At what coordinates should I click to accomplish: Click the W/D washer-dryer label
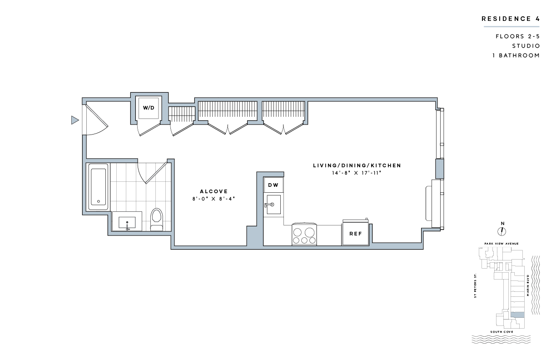[149, 108]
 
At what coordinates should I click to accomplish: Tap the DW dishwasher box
[273, 185]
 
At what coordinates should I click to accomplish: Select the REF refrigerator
[355, 233]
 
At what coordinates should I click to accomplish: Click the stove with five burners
[304, 234]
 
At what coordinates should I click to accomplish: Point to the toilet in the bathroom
[157, 220]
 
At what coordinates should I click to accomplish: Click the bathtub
[98, 186]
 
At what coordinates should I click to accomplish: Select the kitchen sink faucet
[269, 205]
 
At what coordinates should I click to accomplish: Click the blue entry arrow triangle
[75, 120]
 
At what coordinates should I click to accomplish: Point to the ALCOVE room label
[213, 191]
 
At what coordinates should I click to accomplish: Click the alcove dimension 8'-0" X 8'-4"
[213, 199]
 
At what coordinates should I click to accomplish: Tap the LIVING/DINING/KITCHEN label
[357, 165]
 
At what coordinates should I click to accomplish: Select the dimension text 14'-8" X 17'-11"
[357, 173]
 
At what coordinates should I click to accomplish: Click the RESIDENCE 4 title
[511, 19]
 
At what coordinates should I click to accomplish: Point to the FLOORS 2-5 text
[518, 36]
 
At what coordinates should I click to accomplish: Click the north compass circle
[501, 231]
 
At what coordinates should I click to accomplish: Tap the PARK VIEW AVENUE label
[501, 244]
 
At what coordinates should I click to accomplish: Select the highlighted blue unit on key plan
[517, 315]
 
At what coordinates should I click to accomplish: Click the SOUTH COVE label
[501, 332]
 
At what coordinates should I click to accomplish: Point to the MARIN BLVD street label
[528, 285]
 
